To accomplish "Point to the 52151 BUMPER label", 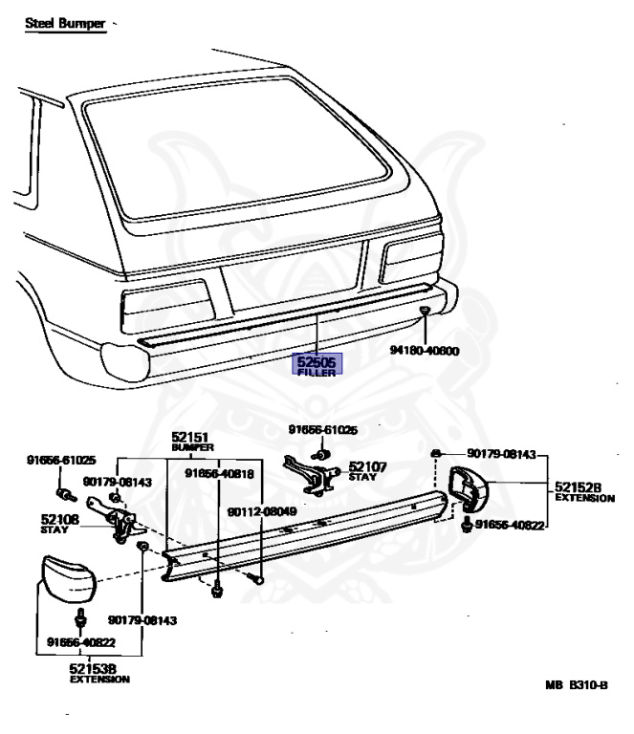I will pos(192,441).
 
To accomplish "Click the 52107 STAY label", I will pos(367,470).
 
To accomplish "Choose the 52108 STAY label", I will pos(59,523).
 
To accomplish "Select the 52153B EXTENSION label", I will pos(98,673).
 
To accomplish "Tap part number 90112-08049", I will pos(261,511).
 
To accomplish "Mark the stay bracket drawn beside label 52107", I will pos(308,474).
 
